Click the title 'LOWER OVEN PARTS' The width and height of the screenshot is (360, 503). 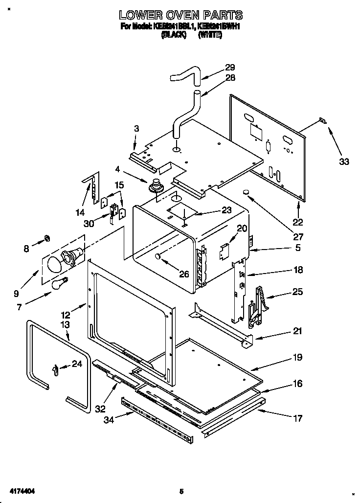(x=181, y=15)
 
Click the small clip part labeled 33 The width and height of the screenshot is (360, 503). (x=323, y=120)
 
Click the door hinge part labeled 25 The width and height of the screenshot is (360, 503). (x=259, y=306)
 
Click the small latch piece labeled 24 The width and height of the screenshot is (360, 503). (x=55, y=368)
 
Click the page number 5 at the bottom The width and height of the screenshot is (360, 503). (x=181, y=491)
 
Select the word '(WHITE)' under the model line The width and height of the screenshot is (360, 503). (x=210, y=36)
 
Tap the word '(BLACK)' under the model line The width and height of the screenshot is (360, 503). (x=173, y=36)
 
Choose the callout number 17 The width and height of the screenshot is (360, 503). (x=297, y=418)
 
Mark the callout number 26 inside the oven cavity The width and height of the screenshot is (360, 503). (x=183, y=274)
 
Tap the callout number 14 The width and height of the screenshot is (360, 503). (x=80, y=212)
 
